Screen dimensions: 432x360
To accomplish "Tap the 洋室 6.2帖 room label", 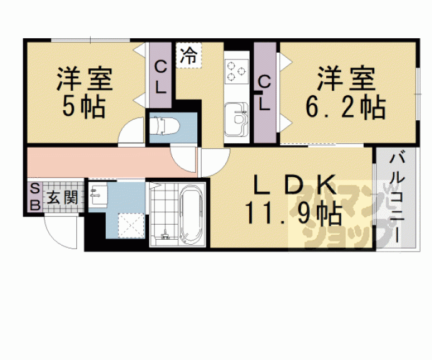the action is [346, 93].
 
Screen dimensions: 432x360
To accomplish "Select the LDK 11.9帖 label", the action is [294, 199].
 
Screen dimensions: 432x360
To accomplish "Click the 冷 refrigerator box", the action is [188, 55].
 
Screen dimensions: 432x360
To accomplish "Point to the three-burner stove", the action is [237, 71].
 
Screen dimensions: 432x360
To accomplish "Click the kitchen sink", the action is [237, 119].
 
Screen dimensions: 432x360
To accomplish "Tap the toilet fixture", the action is [165, 126].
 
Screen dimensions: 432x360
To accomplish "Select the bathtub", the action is [191, 213].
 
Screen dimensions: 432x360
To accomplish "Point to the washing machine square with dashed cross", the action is [131, 225].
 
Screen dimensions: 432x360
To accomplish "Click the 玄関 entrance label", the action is [62, 197].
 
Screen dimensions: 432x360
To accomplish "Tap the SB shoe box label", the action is [35, 197].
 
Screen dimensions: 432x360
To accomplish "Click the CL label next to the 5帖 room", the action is [160, 78].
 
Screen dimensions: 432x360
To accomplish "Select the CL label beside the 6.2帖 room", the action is [264, 93].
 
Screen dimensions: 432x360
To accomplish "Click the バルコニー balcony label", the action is [397, 198].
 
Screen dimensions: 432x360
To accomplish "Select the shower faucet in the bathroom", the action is [165, 235].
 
